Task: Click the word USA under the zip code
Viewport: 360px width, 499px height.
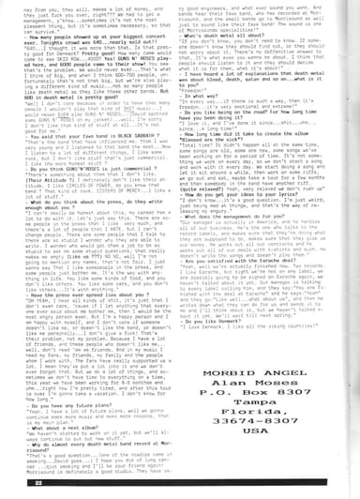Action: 273,466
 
